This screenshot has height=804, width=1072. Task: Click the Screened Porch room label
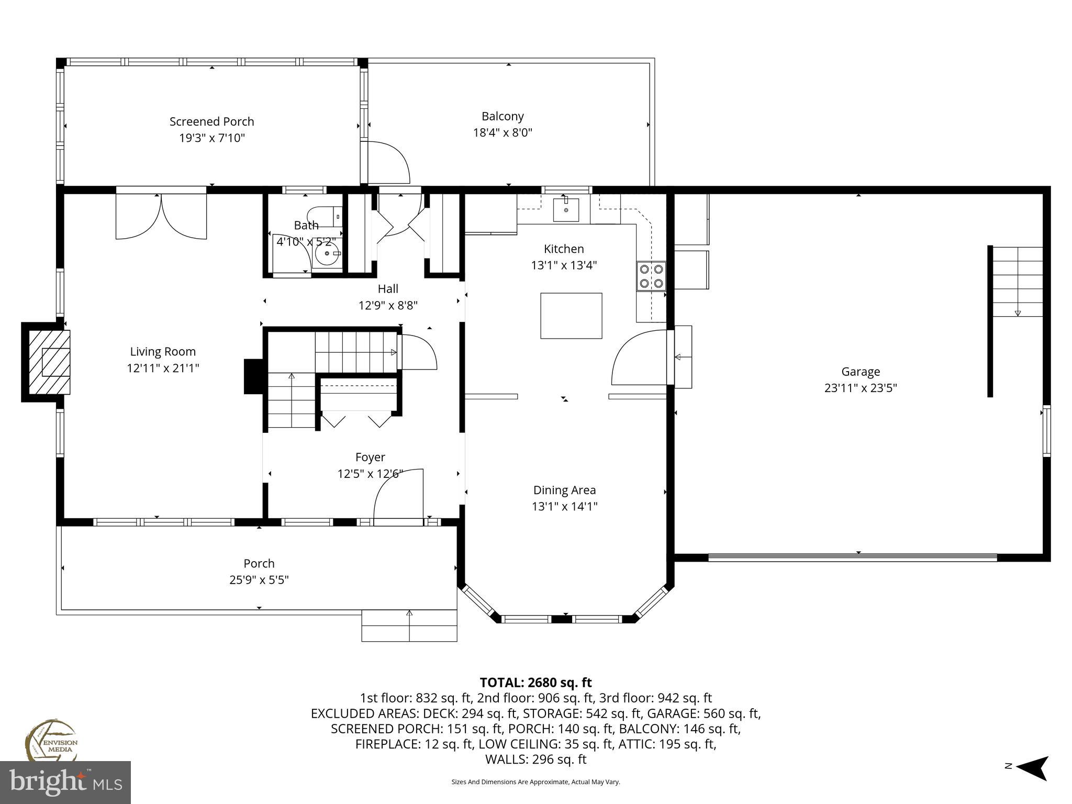[x=211, y=121]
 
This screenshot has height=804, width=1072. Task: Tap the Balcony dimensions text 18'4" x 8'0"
[x=502, y=132]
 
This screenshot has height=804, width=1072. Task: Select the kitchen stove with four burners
[x=651, y=276]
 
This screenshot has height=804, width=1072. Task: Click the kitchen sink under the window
[x=566, y=209]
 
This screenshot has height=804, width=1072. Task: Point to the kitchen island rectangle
[x=571, y=316]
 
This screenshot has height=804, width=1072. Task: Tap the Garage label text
[x=861, y=372]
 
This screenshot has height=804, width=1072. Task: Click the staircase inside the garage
[x=1018, y=281]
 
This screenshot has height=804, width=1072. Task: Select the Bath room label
[x=306, y=225]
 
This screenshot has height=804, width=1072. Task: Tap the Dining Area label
[x=564, y=490]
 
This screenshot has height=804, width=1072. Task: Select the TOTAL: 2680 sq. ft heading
[x=535, y=683]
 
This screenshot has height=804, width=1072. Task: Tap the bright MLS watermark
[x=65, y=783]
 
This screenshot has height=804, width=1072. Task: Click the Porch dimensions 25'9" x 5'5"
[x=259, y=580]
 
